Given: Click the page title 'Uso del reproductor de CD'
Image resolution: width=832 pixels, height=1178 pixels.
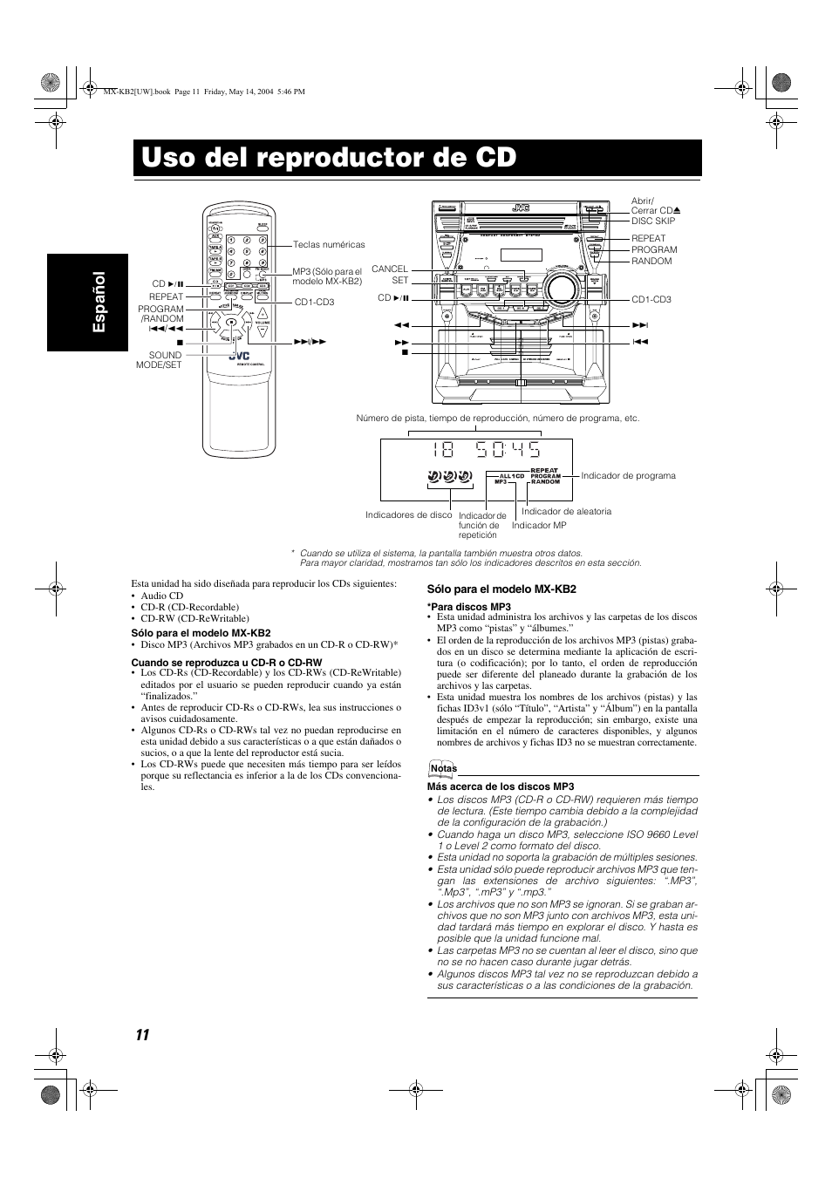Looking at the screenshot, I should point(328,157).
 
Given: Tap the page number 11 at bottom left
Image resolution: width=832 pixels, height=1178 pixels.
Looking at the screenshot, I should point(142,1034).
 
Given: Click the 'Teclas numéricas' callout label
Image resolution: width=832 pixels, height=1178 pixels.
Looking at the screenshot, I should point(329,245).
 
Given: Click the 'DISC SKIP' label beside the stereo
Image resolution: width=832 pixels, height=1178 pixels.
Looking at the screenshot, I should point(653,221).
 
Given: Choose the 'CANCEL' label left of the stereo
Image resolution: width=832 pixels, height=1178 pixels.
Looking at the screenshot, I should point(389,269).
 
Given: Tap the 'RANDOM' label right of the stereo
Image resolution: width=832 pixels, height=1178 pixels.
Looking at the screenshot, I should point(651,262).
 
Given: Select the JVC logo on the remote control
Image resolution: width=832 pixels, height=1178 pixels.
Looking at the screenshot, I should point(239,356).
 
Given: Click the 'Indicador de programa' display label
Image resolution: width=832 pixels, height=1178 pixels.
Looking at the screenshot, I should point(628,476).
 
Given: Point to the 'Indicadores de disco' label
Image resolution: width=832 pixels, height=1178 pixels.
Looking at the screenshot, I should point(409,515).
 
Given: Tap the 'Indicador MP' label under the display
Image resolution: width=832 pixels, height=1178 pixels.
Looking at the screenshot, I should point(539,526).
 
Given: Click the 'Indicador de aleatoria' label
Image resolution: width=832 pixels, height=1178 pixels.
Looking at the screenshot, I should point(566,512).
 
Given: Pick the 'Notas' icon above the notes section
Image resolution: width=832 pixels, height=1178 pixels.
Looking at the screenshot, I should point(443,768).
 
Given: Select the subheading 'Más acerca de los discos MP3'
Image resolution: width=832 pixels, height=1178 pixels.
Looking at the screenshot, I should point(500,786).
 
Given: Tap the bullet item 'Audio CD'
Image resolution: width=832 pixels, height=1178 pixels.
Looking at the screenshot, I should point(161,596).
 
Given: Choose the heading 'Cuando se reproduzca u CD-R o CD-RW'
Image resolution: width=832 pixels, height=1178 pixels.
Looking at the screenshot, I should point(226,663).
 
